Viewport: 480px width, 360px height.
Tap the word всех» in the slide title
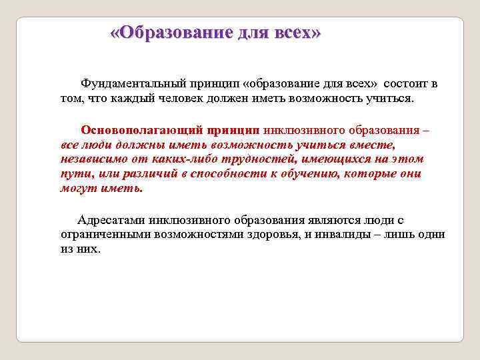tap(298, 33)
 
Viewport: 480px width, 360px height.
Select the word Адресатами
tap(110, 219)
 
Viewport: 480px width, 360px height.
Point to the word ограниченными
tap(102, 234)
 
